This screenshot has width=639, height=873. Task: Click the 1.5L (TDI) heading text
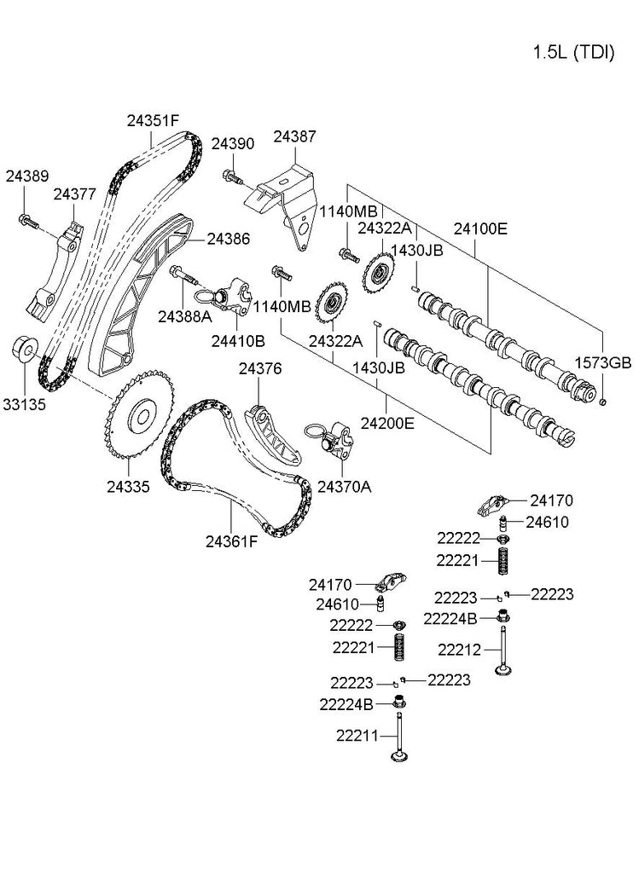pos(572,52)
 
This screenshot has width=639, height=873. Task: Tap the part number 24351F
pos(153,120)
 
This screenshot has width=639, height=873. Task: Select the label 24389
pos(26,176)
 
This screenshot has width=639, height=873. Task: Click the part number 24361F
pos(230,541)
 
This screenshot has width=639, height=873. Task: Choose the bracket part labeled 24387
pos(285,201)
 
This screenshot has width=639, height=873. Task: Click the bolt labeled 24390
pos(231,177)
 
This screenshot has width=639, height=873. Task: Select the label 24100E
pos(480,228)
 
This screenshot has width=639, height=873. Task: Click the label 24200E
pos(387,422)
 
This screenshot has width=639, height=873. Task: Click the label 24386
pos(228,240)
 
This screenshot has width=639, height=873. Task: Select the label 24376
pos(260,369)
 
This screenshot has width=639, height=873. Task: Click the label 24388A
pos(184,316)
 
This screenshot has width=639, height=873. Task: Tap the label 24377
pos(74,194)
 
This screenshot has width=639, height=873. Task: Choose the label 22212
pos(461,650)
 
